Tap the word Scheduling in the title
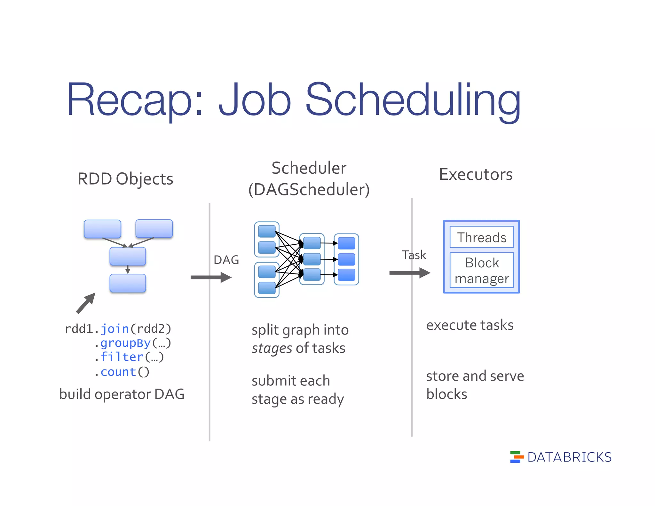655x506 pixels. pyautogui.click(x=413, y=100)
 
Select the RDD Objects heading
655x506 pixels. pyautogui.click(x=125, y=178)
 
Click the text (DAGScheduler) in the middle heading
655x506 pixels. pyautogui.click(x=309, y=189)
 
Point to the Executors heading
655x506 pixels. pyautogui.click(x=476, y=174)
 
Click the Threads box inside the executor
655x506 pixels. pyautogui.click(x=481, y=237)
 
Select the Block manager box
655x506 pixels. pyautogui.click(x=481, y=270)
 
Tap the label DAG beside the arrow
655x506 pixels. pyautogui.click(x=226, y=260)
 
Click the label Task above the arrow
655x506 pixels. pyautogui.click(x=414, y=255)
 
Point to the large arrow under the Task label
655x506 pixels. pyautogui.click(x=410, y=273)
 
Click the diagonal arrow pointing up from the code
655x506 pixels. pyautogui.click(x=86, y=303)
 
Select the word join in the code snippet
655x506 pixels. pyautogui.click(x=114, y=329)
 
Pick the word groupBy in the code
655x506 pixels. pyautogui.click(x=125, y=343)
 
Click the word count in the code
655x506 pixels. pyautogui.click(x=118, y=372)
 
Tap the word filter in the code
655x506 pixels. pyautogui.click(x=122, y=357)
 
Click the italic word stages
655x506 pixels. pyautogui.click(x=272, y=348)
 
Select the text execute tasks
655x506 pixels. pyautogui.click(x=470, y=325)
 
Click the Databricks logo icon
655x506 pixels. pyautogui.click(x=517, y=457)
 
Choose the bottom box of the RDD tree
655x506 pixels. pyautogui.click(x=128, y=283)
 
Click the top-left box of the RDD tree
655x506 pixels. pyautogui.click(x=102, y=229)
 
